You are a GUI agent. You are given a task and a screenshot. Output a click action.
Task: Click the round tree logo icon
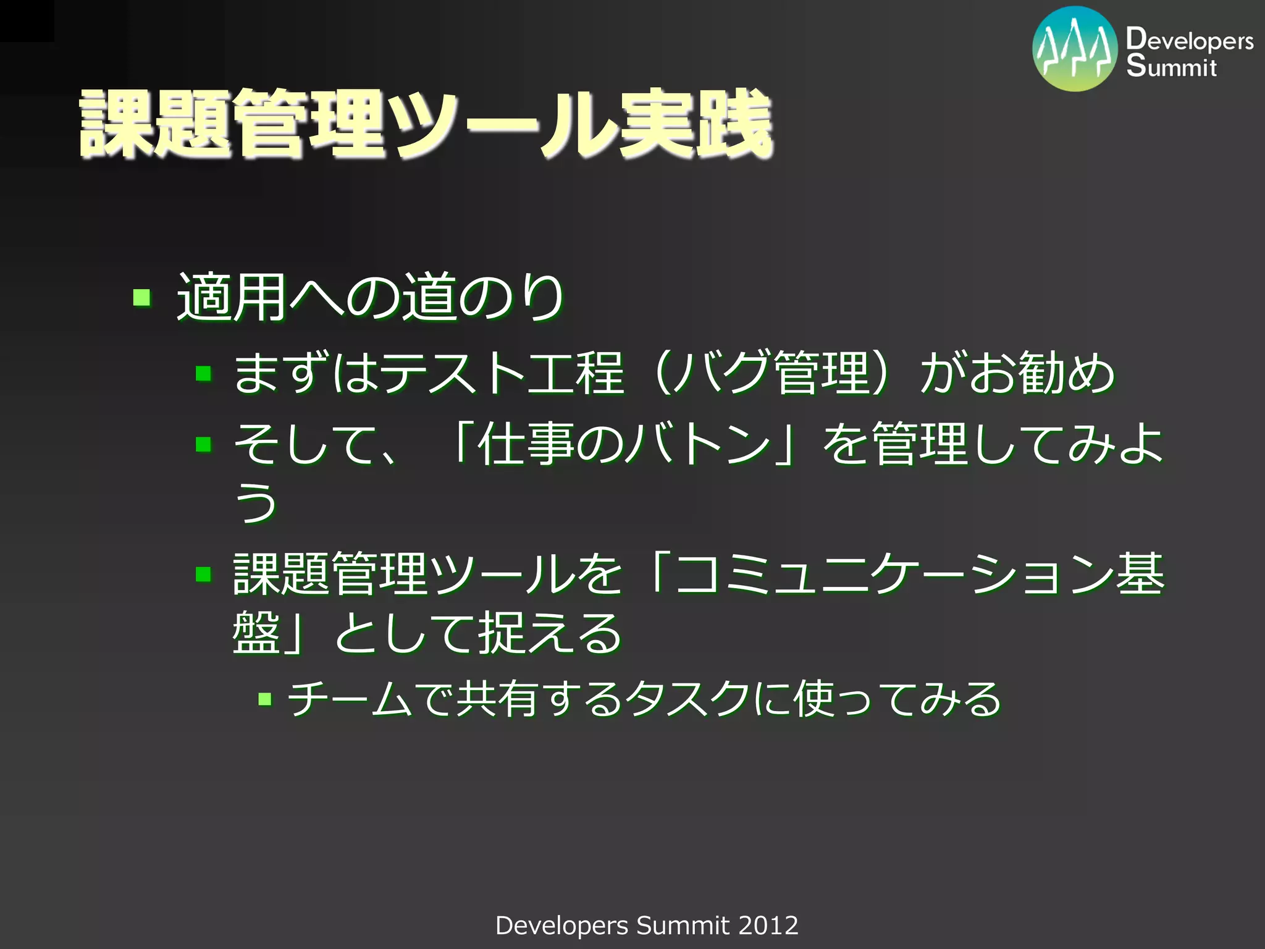pos(1075,49)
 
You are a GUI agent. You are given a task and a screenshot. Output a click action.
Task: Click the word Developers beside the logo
pos(1189,40)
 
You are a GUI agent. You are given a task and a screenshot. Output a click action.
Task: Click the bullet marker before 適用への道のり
pos(142,298)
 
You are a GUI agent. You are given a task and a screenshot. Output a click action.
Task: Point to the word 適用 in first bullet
pos(232,298)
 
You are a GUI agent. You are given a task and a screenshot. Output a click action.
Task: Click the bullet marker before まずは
pos(204,373)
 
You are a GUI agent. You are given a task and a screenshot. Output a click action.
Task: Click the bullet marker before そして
pos(204,444)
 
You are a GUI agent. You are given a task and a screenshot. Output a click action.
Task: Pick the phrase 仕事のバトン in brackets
pos(624,444)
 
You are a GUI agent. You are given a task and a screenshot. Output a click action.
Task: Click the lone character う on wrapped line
pos(255,502)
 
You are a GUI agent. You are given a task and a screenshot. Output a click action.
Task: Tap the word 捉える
pos(550,633)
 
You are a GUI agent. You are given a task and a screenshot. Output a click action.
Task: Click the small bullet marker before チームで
pos(265,699)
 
